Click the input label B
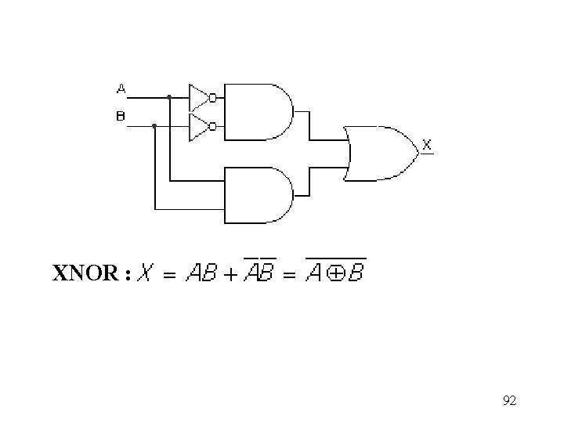click(121, 116)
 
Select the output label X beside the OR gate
click(427, 144)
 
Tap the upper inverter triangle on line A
click(199, 98)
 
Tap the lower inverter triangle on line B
click(199, 126)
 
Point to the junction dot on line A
click(169, 98)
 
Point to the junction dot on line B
click(154, 125)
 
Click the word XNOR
click(85, 273)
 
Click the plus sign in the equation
click(230, 274)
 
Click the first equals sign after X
click(169, 274)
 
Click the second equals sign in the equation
click(289, 274)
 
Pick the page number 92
click(509, 401)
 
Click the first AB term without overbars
click(200, 273)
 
